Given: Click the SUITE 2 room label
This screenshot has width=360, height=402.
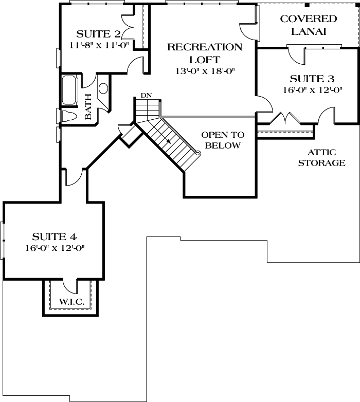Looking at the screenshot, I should pyautogui.click(x=98, y=34).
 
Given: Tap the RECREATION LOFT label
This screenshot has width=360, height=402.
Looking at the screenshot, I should pyautogui.click(x=205, y=52).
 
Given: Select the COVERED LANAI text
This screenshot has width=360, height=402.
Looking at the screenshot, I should pyautogui.click(x=308, y=25).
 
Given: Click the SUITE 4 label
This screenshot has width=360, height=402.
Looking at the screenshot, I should pyautogui.click(x=55, y=237).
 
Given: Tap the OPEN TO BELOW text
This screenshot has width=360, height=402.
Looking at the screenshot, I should pyautogui.click(x=222, y=140).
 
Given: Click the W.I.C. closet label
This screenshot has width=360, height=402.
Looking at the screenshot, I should pyautogui.click(x=72, y=302).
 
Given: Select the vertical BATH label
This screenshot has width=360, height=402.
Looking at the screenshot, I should pyautogui.click(x=88, y=106).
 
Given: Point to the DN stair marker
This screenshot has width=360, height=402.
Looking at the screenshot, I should pyautogui.click(x=146, y=95).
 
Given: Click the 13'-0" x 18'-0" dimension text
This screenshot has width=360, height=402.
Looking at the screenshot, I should pyautogui.click(x=205, y=71).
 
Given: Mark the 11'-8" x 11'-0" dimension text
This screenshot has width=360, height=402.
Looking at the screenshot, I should pyautogui.click(x=98, y=45).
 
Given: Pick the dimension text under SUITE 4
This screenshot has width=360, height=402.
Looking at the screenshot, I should pyautogui.click(x=55, y=248).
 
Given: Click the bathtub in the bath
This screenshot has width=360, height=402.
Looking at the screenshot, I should pyautogui.click(x=69, y=90).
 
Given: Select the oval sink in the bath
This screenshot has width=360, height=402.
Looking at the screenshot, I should pyautogui.click(x=103, y=88).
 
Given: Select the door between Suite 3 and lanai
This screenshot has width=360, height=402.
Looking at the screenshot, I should pyautogui.click(x=296, y=53).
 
